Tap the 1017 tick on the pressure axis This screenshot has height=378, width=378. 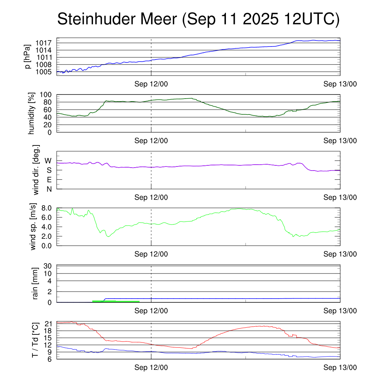point(44,43)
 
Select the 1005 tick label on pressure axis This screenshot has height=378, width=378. point(44,72)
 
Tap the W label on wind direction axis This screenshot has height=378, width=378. point(48,161)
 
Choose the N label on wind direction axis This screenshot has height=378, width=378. point(48,189)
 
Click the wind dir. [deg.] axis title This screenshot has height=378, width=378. point(36,170)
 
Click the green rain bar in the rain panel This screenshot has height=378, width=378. point(116,301)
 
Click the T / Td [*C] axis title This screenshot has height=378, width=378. point(35,340)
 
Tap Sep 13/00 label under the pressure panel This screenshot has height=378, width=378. point(340,84)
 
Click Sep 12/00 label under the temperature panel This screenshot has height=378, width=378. point(151,368)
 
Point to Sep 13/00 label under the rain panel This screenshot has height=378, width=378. point(340,311)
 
